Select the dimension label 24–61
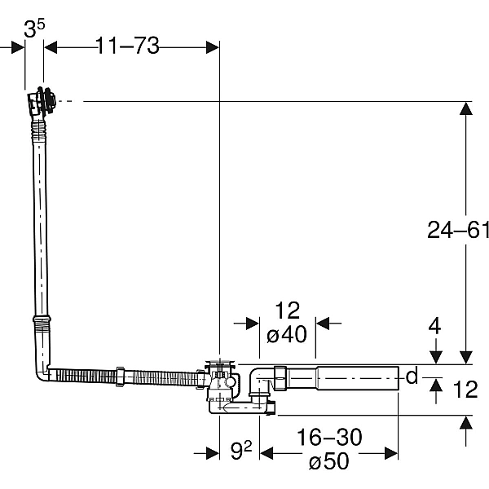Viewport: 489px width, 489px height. (x=457, y=231)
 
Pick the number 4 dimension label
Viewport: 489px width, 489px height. (x=434, y=327)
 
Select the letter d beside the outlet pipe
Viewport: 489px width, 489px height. (x=412, y=376)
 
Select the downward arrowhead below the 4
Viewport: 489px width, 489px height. (x=434, y=356)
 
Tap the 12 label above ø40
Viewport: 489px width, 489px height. (x=287, y=311)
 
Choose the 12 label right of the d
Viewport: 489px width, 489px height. (x=465, y=390)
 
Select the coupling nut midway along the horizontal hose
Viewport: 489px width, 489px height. (x=120, y=376)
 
